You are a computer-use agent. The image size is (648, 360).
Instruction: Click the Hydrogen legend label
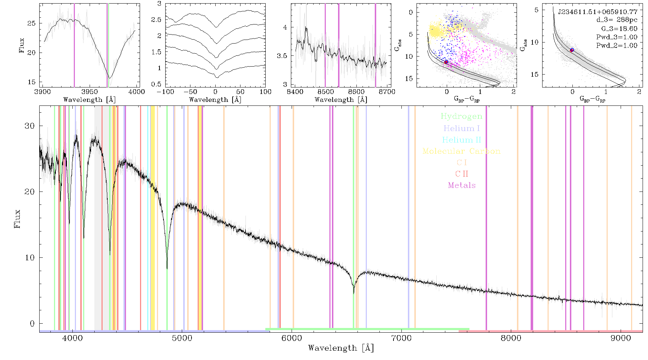[x=462, y=117]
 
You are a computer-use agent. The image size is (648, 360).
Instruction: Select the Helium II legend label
[x=462, y=140]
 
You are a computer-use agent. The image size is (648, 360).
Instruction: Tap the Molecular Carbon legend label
[x=462, y=151]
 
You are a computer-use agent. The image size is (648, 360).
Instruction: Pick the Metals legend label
[x=462, y=185]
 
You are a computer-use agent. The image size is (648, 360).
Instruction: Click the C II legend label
[x=462, y=174]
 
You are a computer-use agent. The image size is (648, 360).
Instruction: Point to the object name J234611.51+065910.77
[x=598, y=12]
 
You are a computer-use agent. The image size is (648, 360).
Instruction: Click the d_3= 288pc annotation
[x=617, y=20]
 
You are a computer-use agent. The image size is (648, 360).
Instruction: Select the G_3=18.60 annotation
[x=619, y=29]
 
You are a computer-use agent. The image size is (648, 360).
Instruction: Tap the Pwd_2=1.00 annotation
[x=617, y=46]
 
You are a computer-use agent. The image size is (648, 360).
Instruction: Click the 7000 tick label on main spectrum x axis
[x=401, y=338]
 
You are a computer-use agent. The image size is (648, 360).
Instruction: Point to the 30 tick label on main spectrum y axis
[x=30, y=126]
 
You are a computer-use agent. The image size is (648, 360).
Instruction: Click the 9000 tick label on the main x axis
[x=621, y=338]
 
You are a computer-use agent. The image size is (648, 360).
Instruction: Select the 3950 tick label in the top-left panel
[x=90, y=92]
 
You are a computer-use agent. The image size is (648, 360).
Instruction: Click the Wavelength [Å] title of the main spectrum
[x=341, y=348]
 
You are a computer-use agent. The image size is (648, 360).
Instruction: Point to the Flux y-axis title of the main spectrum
[x=17, y=219]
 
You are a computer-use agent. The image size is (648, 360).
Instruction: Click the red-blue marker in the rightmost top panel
[x=572, y=50]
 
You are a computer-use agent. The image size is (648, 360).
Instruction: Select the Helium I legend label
[x=462, y=128]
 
